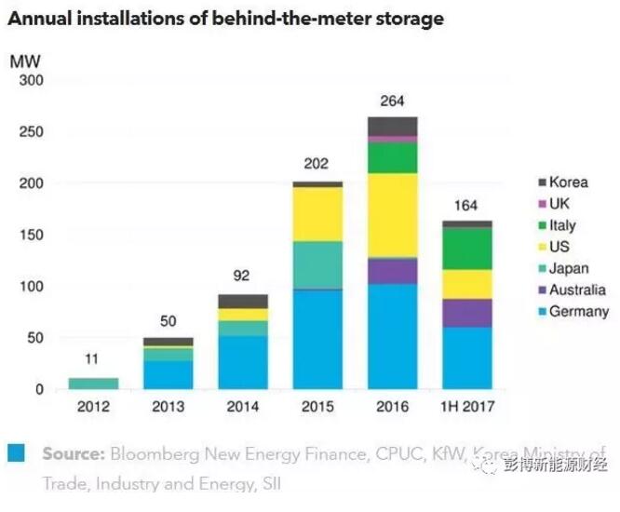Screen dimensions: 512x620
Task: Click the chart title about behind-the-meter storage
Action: [226, 18]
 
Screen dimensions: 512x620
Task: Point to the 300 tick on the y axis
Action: [32, 81]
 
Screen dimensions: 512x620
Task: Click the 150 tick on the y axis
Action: [32, 236]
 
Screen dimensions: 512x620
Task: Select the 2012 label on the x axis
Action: [94, 407]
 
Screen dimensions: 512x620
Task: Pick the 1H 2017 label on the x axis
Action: [466, 407]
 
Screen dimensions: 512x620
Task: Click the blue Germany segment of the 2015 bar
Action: [317, 339]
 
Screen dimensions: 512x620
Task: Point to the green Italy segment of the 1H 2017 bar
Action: [466, 249]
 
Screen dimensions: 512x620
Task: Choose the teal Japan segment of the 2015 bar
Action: [317, 264]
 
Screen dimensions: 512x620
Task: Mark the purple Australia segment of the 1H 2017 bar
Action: [466, 313]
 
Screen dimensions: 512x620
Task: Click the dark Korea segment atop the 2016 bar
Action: [392, 126]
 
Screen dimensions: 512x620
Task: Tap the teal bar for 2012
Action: [94, 383]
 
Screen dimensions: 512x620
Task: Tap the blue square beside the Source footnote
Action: [16, 454]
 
